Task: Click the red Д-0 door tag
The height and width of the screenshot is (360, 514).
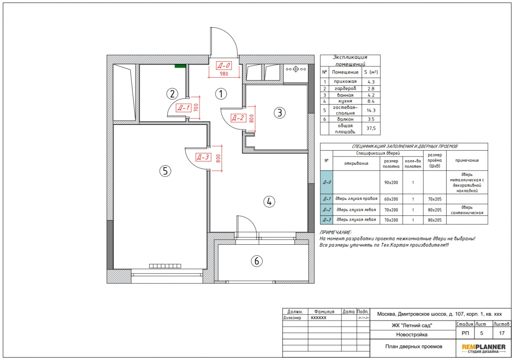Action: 224,65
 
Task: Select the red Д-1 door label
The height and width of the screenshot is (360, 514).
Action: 183,108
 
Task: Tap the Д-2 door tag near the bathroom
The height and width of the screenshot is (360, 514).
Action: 238,117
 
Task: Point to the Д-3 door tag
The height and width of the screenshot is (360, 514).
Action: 202,157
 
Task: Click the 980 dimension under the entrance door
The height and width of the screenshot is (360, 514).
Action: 224,74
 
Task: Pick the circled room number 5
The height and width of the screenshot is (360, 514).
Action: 165,171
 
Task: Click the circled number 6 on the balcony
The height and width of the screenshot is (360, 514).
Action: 257,261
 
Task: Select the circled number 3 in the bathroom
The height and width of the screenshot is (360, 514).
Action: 280,113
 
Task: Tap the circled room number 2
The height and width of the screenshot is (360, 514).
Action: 172,94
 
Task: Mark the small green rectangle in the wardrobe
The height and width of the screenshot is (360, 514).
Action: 179,66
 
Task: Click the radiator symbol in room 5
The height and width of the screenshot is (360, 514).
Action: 165,266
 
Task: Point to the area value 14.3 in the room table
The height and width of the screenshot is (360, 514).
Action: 371,110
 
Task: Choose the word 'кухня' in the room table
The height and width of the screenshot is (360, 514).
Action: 345,101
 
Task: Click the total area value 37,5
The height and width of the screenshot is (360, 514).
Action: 371,128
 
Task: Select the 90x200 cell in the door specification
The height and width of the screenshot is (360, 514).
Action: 391,182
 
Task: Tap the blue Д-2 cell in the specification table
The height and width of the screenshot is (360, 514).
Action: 327,210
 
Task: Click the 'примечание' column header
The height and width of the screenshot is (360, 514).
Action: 467,160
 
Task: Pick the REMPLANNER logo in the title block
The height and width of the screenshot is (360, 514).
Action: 483,348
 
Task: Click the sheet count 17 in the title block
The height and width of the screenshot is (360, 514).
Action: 502,333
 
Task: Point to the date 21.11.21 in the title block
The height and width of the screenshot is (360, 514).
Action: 363,318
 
